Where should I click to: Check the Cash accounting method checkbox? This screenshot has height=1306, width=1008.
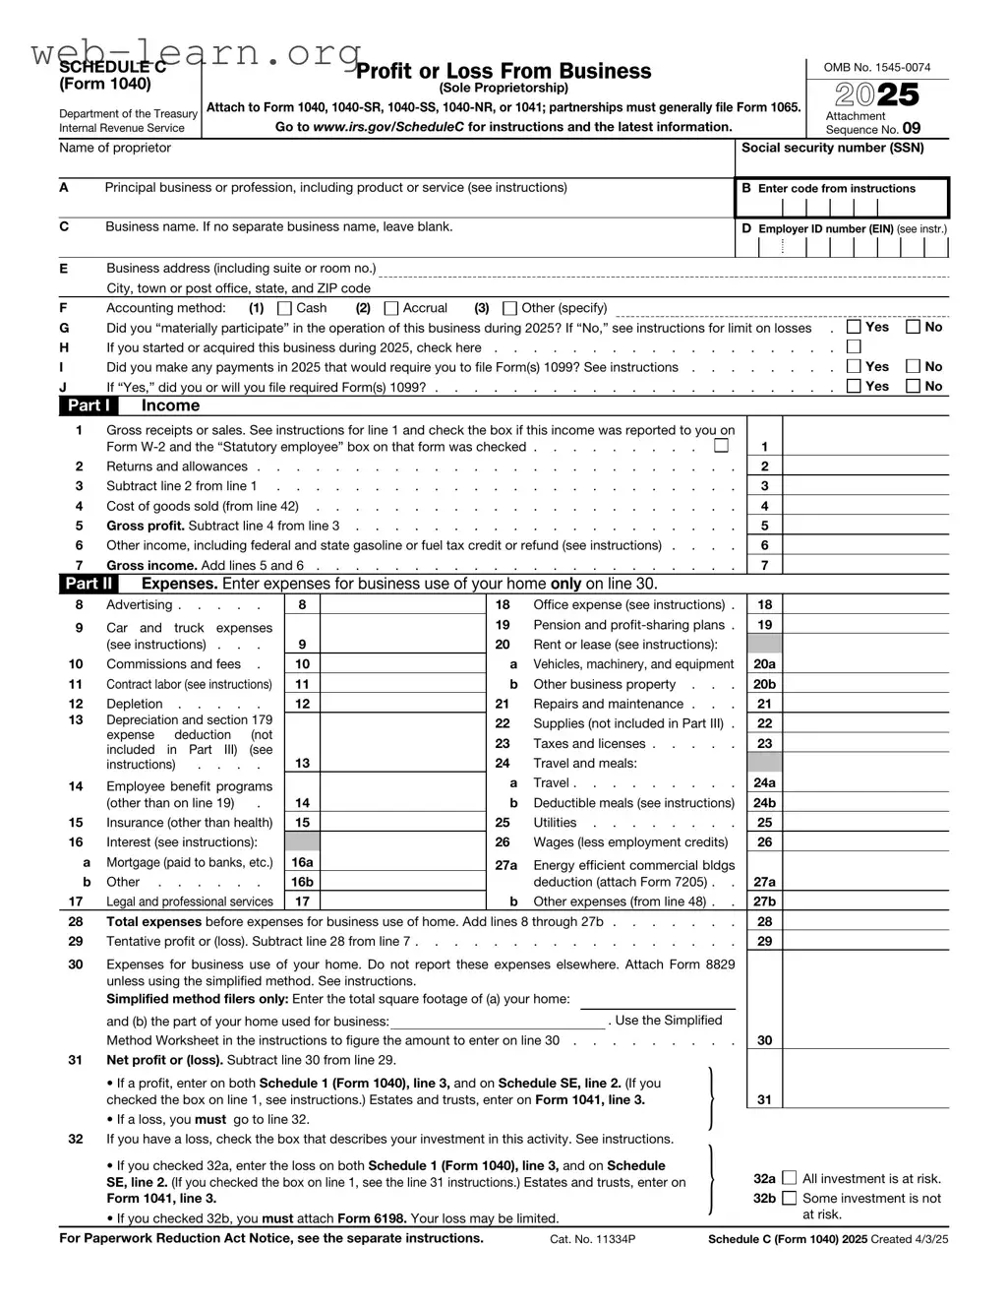click(x=285, y=308)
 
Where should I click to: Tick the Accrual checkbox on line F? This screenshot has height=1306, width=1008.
click(x=391, y=308)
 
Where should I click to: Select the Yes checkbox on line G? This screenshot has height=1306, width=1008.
click(x=854, y=327)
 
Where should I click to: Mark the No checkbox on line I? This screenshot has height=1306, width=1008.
click(x=913, y=366)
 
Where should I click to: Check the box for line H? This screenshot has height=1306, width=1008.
click(x=854, y=346)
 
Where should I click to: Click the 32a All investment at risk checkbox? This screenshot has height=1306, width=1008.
click(x=789, y=1178)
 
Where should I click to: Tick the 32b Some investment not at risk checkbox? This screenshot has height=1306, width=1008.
click(x=789, y=1198)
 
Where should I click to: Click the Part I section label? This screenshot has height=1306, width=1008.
click(x=89, y=405)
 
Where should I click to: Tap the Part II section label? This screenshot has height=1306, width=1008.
click(x=89, y=584)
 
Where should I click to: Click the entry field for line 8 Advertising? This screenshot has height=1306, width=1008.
click(x=402, y=605)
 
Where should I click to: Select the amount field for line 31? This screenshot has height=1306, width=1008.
click(x=865, y=1099)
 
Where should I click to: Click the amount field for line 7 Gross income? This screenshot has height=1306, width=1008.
click(x=865, y=565)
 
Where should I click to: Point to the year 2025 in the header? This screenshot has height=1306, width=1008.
click(x=877, y=94)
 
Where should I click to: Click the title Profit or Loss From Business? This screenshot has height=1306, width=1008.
click(x=504, y=71)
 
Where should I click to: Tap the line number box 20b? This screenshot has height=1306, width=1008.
click(x=764, y=684)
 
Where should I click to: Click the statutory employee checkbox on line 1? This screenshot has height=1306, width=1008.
click(x=722, y=446)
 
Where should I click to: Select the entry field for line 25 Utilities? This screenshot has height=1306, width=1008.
click(x=865, y=823)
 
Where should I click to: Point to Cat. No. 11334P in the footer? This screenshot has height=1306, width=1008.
click(x=592, y=1239)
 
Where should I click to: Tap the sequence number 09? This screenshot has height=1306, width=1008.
click(x=912, y=128)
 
